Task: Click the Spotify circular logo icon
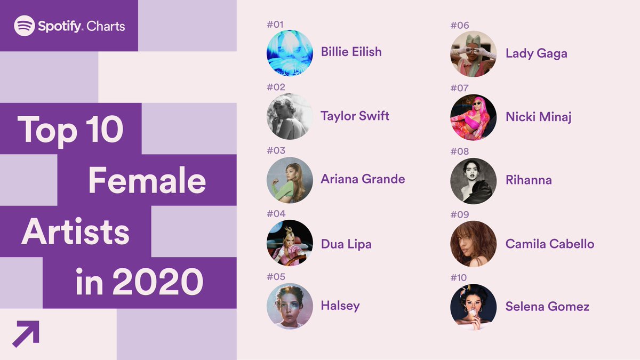point(25,26)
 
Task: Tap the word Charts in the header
point(106,27)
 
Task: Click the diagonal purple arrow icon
point(26,334)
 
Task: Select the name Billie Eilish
point(351,52)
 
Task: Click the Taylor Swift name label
point(355,116)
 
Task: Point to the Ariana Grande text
point(363,179)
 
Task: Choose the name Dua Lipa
point(346,244)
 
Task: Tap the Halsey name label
point(340,306)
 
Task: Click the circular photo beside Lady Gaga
point(474,54)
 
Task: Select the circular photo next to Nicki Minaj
point(474,117)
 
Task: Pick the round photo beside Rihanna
point(474,181)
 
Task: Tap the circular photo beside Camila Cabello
point(474,244)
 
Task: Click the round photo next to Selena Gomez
point(474,307)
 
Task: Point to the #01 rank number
point(275,25)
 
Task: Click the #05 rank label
point(276,277)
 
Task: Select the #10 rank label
point(459,277)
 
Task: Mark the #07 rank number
point(459,88)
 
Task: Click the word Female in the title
point(147,180)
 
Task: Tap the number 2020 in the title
point(158,282)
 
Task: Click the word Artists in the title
point(75,231)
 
